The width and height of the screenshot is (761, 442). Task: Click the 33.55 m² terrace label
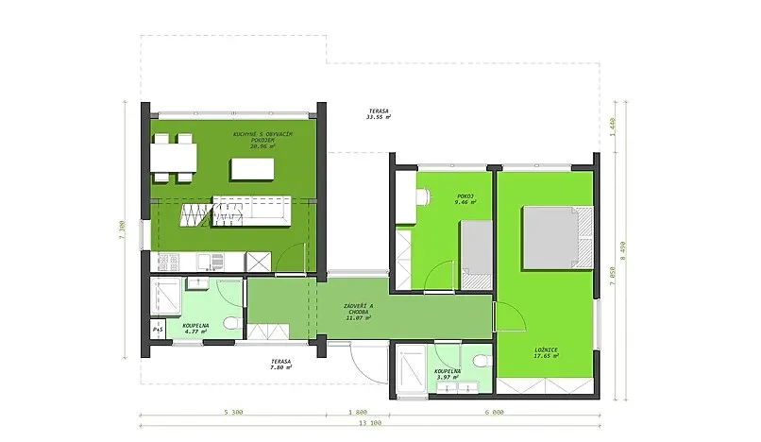click(x=378, y=115)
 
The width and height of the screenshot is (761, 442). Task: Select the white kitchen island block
click(x=252, y=169)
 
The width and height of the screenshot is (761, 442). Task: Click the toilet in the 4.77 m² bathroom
click(x=228, y=324)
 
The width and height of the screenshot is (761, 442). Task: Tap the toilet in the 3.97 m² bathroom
click(x=481, y=362)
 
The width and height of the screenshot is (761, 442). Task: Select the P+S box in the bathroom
click(x=157, y=330)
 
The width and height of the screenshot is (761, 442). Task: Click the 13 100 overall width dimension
click(x=369, y=424)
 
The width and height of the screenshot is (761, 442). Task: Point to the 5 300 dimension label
click(x=235, y=413)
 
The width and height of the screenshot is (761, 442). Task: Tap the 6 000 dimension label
click(x=493, y=413)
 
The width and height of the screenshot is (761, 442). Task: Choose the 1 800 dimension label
click(x=358, y=413)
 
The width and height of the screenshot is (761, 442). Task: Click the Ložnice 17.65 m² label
click(x=545, y=352)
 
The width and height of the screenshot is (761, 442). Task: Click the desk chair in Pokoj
click(x=422, y=197)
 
